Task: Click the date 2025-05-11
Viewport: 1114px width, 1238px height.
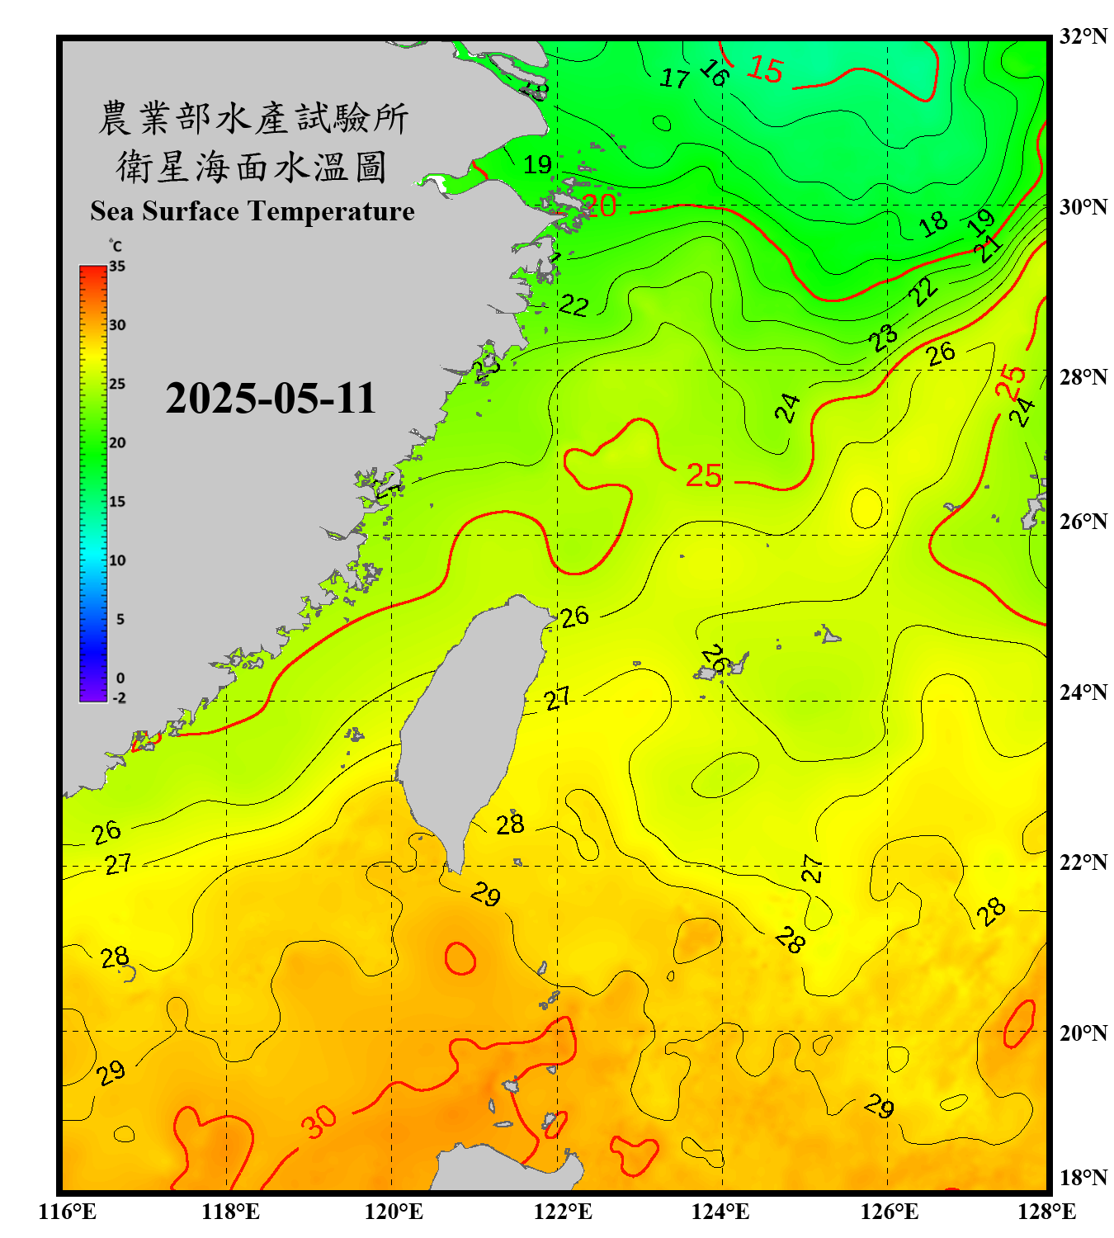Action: point(271,398)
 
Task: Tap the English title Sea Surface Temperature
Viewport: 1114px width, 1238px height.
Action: point(253,211)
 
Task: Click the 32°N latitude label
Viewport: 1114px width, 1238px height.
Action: point(1083,36)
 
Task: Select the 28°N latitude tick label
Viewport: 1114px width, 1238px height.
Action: point(1083,377)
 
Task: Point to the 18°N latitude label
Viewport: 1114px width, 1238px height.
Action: point(1083,1178)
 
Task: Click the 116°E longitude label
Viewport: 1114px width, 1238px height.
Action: point(68,1212)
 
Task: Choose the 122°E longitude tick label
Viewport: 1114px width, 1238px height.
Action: point(563,1212)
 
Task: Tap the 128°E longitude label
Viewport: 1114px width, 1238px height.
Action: point(1046,1212)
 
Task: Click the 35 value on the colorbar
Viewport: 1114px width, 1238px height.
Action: point(117,266)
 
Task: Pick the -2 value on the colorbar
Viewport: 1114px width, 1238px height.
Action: point(119,697)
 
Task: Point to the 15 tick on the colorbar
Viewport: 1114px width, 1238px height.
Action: point(117,501)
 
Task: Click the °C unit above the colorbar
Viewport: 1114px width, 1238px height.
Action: point(116,246)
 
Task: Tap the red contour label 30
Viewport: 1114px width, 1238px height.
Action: point(319,1121)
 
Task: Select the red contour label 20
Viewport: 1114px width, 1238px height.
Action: point(600,205)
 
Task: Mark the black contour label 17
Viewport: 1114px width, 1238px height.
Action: point(674,78)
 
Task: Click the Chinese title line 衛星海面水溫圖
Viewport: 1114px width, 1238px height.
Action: point(253,167)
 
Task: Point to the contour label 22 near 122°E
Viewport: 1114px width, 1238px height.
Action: point(574,306)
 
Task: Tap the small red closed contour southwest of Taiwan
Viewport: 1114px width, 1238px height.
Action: point(460,958)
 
